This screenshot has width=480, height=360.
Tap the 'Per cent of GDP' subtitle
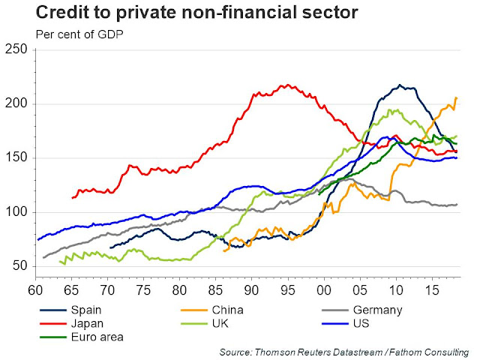point(78,34)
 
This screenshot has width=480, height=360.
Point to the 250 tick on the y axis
point(16,50)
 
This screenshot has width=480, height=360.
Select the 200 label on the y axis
point(16,104)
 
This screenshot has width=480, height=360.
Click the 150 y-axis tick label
point(16,158)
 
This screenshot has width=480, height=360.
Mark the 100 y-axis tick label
point(16,212)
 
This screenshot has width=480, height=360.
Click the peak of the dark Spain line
point(400,85)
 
